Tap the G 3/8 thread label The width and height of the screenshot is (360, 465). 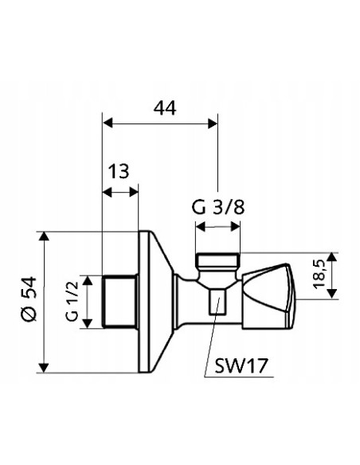(217, 209)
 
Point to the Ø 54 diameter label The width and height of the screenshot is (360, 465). (27, 302)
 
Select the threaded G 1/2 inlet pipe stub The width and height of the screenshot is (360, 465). (120, 300)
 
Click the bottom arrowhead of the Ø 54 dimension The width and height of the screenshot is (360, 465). (46, 365)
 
